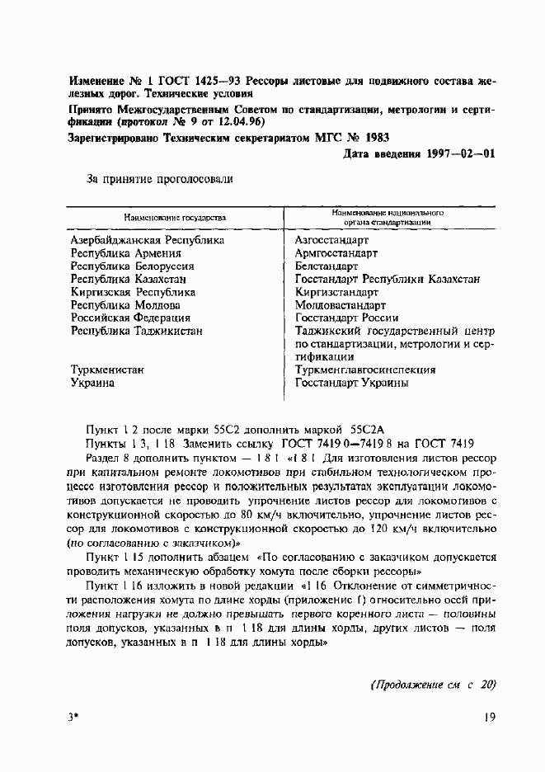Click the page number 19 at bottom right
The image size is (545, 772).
point(487,718)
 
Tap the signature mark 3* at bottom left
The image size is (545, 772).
point(74,718)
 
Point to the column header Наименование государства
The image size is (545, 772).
point(175,218)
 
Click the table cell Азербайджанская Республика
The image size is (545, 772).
point(148,240)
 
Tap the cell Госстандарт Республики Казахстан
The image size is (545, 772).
point(387,280)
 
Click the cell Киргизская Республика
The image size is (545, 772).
point(133,292)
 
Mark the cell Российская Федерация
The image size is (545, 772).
point(130,318)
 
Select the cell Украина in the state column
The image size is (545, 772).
point(93,383)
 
